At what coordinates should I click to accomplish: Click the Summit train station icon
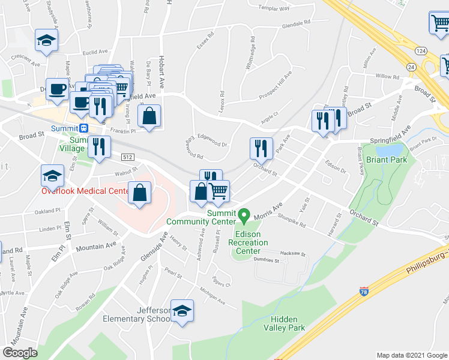(x=83, y=128)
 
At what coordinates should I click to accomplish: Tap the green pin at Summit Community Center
(x=244, y=214)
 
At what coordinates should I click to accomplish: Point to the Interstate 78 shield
(x=364, y=292)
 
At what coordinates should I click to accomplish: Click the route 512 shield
(x=127, y=157)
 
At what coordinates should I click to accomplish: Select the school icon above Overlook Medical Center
(x=52, y=176)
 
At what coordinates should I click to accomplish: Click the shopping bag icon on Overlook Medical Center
(x=139, y=194)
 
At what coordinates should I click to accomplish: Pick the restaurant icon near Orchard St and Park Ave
(x=261, y=148)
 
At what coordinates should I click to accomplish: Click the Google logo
(x=20, y=353)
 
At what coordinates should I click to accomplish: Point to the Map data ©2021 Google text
(x=411, y=355)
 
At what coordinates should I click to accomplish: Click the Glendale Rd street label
(x=295, y=23)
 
